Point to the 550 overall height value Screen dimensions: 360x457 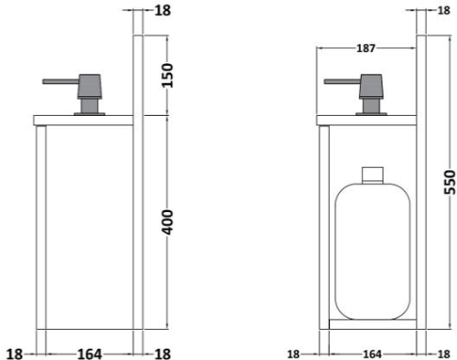point(447,187)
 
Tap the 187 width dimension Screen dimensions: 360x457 point(367,48)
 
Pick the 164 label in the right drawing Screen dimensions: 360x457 point(372,354)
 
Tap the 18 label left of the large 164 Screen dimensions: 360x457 point(13,353)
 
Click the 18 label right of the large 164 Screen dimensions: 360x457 point(163,353)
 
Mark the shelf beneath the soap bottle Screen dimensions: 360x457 point(370,323)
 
